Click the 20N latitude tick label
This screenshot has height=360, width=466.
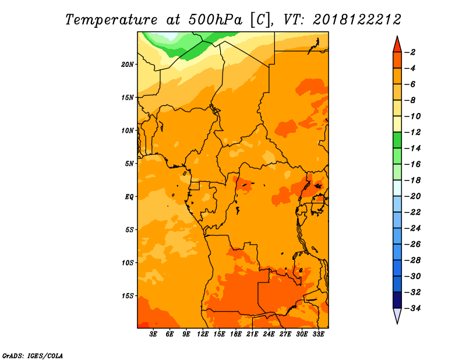tap(128, 65)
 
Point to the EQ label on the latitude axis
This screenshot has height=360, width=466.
tap(129, 197)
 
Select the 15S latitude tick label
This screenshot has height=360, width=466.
tap(128, 296)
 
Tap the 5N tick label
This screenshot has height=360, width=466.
tap(129, 164)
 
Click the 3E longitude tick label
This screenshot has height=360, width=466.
tap(153, 334)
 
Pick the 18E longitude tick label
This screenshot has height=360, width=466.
tap(236, 334)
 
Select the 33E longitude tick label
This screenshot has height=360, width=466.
tap(318, 334)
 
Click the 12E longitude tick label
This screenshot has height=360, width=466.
tap(203, 334)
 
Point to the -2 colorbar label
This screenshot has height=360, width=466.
tap(410, 52)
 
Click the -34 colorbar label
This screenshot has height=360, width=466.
tap(412, 308)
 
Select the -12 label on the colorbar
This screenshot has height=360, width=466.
tap(412, 132)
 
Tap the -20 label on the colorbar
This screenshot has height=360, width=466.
tap(412, 196)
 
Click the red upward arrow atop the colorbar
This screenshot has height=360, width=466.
tap(397, 45)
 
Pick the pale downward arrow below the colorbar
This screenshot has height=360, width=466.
tap(397, 315)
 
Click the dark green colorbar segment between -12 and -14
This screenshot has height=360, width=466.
tap(397, 140)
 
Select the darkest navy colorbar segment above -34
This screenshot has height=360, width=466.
tap(397, 300)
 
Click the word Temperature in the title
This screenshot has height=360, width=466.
tap(111, 20)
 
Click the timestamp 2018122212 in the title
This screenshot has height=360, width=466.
tap(357, 20)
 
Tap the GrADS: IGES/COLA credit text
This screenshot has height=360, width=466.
tap(33, 355)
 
